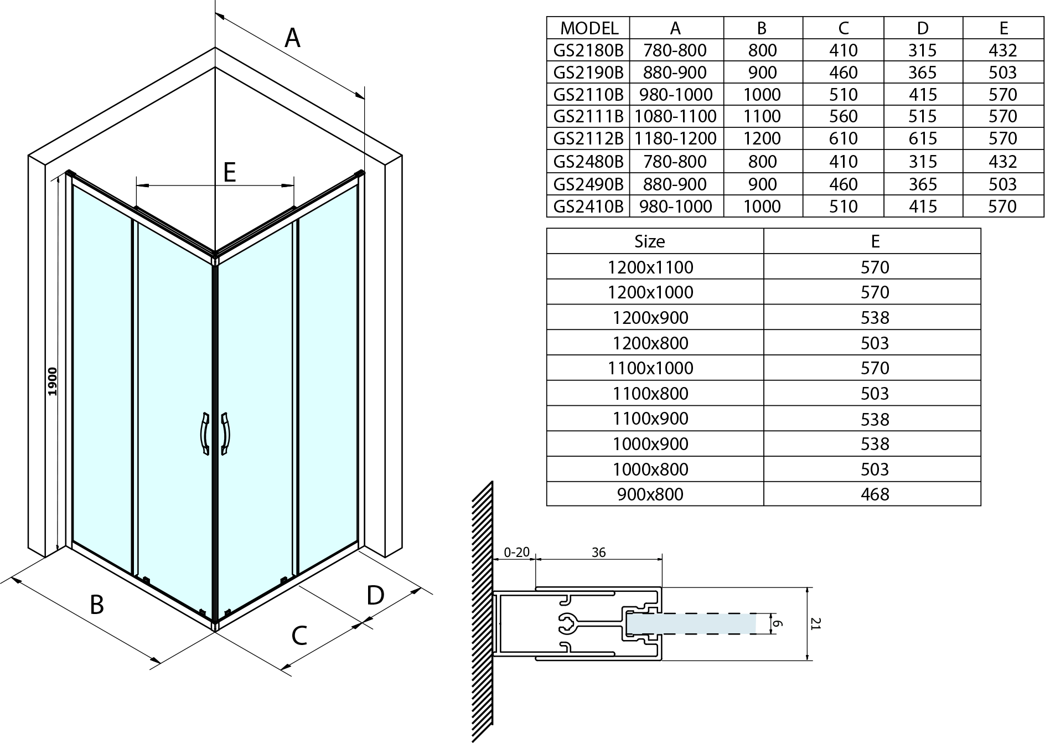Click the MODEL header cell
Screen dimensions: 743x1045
(x=589, y=28)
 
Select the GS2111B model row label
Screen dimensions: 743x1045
(x=588, y=116)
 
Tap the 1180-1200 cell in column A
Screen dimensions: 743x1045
(x=675, y=138)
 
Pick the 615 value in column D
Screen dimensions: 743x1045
(x=923, y=138)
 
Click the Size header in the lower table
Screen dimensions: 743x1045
(x=650, y=241)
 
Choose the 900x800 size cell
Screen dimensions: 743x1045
(x=650, y=494)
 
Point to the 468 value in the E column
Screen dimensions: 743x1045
(x=875, y=494)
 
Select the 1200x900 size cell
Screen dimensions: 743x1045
(x=650, y=317)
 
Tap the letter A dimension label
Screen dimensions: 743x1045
(x=292, y=38)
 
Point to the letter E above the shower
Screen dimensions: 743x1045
(x=230, y=172)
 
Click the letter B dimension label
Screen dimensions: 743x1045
(x=97, y=605)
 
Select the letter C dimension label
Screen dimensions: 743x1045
(x=299, y=636)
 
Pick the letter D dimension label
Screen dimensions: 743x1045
(x=375, y=596)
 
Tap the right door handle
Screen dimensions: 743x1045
(x=225, y=434)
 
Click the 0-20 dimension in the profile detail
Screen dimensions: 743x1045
(x=516, y=552)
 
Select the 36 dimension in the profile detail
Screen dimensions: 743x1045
(x=598, y=552)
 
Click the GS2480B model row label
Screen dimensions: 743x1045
(x=588, y=162)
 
